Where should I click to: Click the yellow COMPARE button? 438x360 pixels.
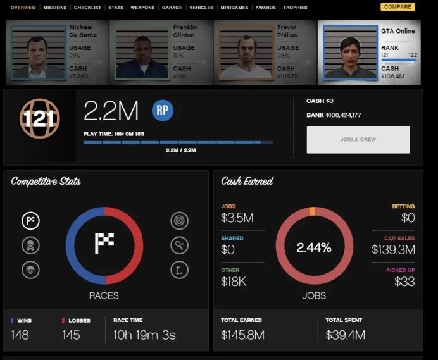pos(397,7)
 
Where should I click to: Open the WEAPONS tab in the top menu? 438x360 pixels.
pos(142,8)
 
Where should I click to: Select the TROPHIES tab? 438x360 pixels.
pos(295,8)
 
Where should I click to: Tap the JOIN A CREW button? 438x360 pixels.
pos(358,139)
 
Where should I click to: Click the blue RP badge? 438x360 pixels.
pos(163,110)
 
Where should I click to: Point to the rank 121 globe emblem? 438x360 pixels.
pos(39,118)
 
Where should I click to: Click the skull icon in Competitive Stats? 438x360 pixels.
pos(30,245)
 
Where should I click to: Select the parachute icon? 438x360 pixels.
pos(30,270)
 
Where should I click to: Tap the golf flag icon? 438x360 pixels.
pos(179,270)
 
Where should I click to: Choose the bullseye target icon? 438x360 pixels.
pos(179,221)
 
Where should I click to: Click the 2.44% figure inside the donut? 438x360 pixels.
pos(314,247)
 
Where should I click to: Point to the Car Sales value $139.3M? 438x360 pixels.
pos(393,249)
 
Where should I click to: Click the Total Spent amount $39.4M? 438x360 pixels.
pos(345,335)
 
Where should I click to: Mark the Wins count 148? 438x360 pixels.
pos(20,335)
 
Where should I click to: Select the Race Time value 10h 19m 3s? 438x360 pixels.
pos(144,335)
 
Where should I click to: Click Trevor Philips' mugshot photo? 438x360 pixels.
pos(246,53)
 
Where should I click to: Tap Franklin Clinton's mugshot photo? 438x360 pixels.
pos(142,53)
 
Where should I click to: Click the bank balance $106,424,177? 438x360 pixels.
pos(343,115)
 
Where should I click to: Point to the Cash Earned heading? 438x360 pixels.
pos(247,181)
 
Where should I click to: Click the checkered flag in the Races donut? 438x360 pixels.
pos(104,243)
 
